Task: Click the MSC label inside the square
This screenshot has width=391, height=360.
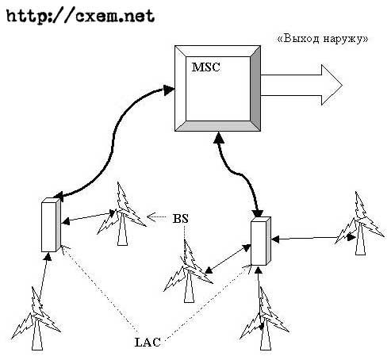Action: [x=205, y=67]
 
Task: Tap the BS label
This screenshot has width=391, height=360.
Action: [x=181, y=219]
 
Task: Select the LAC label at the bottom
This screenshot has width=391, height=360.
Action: [x=148, y=342]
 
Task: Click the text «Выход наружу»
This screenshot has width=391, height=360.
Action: [x=322, y=39]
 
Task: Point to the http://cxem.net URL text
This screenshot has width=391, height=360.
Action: [x=80, y=17]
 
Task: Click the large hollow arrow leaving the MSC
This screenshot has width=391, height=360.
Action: [x=301, y=85]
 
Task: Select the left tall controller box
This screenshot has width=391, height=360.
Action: [x=51, y=224]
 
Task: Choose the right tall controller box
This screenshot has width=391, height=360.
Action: [x=261, y=241]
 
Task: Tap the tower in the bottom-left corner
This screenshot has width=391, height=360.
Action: [x=36, y=319]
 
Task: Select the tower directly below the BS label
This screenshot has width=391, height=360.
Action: [x=188, y=271]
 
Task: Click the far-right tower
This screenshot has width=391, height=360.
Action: [x=359, y=224]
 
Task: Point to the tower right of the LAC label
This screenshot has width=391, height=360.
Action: [x=264, y=319]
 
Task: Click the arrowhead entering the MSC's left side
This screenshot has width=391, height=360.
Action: [x=168, y=90]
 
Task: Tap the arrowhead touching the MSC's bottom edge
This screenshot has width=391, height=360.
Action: [x=219, y=137]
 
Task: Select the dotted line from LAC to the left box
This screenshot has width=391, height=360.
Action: [x=100, y=289]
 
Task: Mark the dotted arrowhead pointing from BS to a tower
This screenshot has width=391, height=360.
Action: [x=151, y=216]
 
